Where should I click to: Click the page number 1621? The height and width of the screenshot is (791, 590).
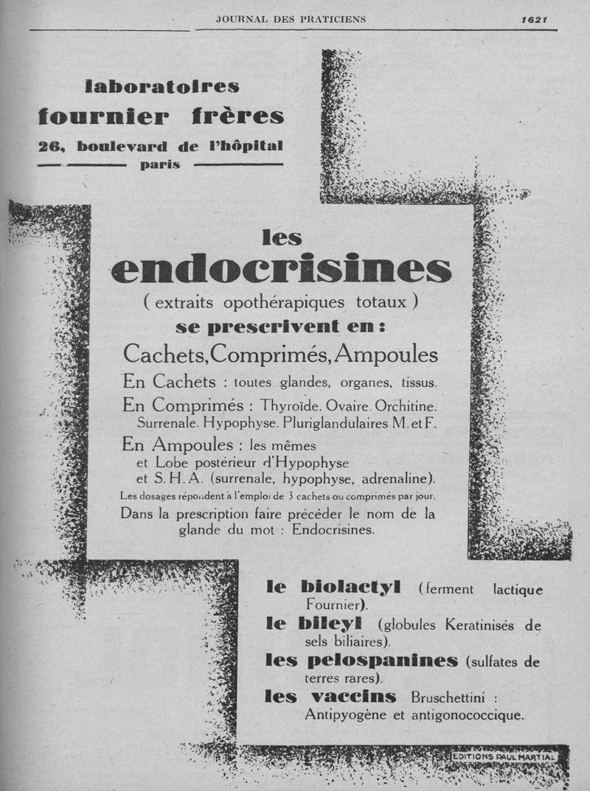point(533,20)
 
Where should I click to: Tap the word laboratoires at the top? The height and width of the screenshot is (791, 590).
point(162,87)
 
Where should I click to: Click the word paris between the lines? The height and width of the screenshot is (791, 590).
point(160,164)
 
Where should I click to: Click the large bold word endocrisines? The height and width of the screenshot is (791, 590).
point(281,270)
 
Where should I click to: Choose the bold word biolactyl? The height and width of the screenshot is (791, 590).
point(351,588)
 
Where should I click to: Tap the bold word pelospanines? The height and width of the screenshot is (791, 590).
point(382,661)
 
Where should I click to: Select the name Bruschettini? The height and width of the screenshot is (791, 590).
point(449,697)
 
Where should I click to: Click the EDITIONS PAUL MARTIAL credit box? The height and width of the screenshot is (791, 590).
point(504,756)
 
